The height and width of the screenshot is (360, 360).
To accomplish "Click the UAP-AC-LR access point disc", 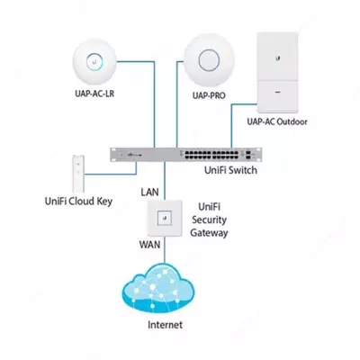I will [x=93, y=62].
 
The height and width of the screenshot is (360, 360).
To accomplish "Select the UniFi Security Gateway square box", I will [x=164, y=219].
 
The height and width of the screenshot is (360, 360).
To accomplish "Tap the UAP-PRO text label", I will [x=209, y=106].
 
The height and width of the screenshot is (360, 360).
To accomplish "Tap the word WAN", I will [x=149, y=245].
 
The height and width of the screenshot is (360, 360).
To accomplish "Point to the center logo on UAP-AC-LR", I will [x=93, y=62].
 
